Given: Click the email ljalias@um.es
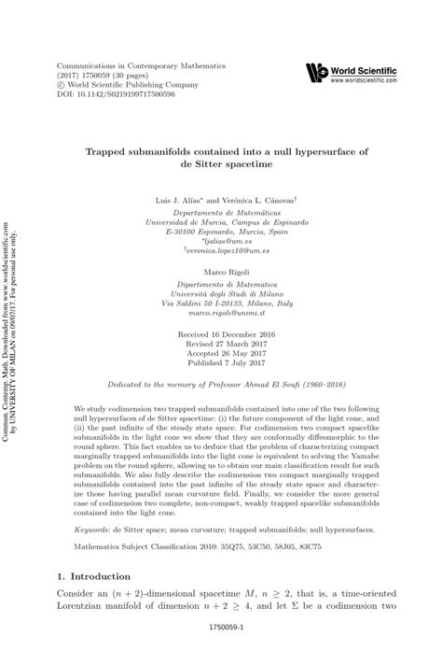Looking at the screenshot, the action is (221, 239).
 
